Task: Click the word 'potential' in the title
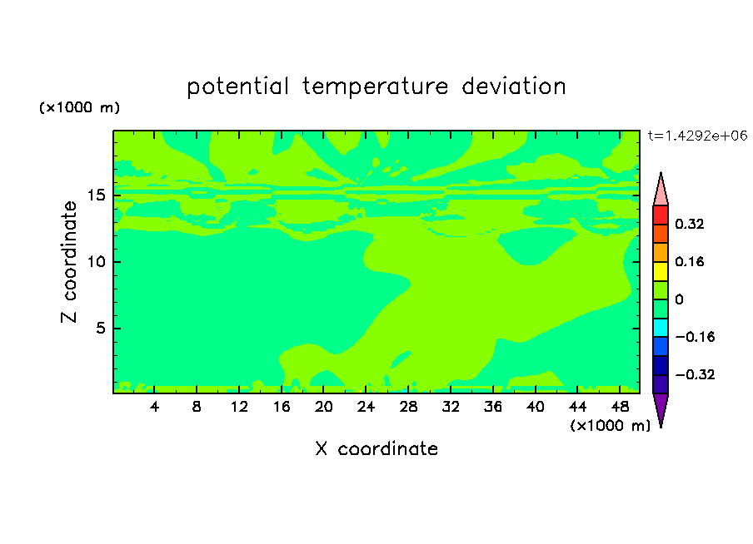tap(237, 87)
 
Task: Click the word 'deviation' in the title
tap(514, 87)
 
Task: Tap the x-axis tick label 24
tap(366, 407)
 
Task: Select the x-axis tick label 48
tap(620, 407)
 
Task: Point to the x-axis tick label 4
tap(154, 407)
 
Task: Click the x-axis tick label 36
tap(493, 407)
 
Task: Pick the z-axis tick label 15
tap(96, 195)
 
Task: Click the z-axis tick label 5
tap(100, 328)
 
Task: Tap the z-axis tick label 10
tap(96, 262)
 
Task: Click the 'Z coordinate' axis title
tap(69, 262)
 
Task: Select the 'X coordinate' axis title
tap(376, 449)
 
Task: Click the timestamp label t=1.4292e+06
tap(697, 136)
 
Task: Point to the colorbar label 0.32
tap(689, 224)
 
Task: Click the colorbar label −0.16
tap(695, 337)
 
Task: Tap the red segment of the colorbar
tap(661, 215)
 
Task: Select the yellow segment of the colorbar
tap(661, 271)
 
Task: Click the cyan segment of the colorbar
tap(661, 328)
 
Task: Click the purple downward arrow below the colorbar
tap(661, 408)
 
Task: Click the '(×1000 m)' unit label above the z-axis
tap(79, 107)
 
